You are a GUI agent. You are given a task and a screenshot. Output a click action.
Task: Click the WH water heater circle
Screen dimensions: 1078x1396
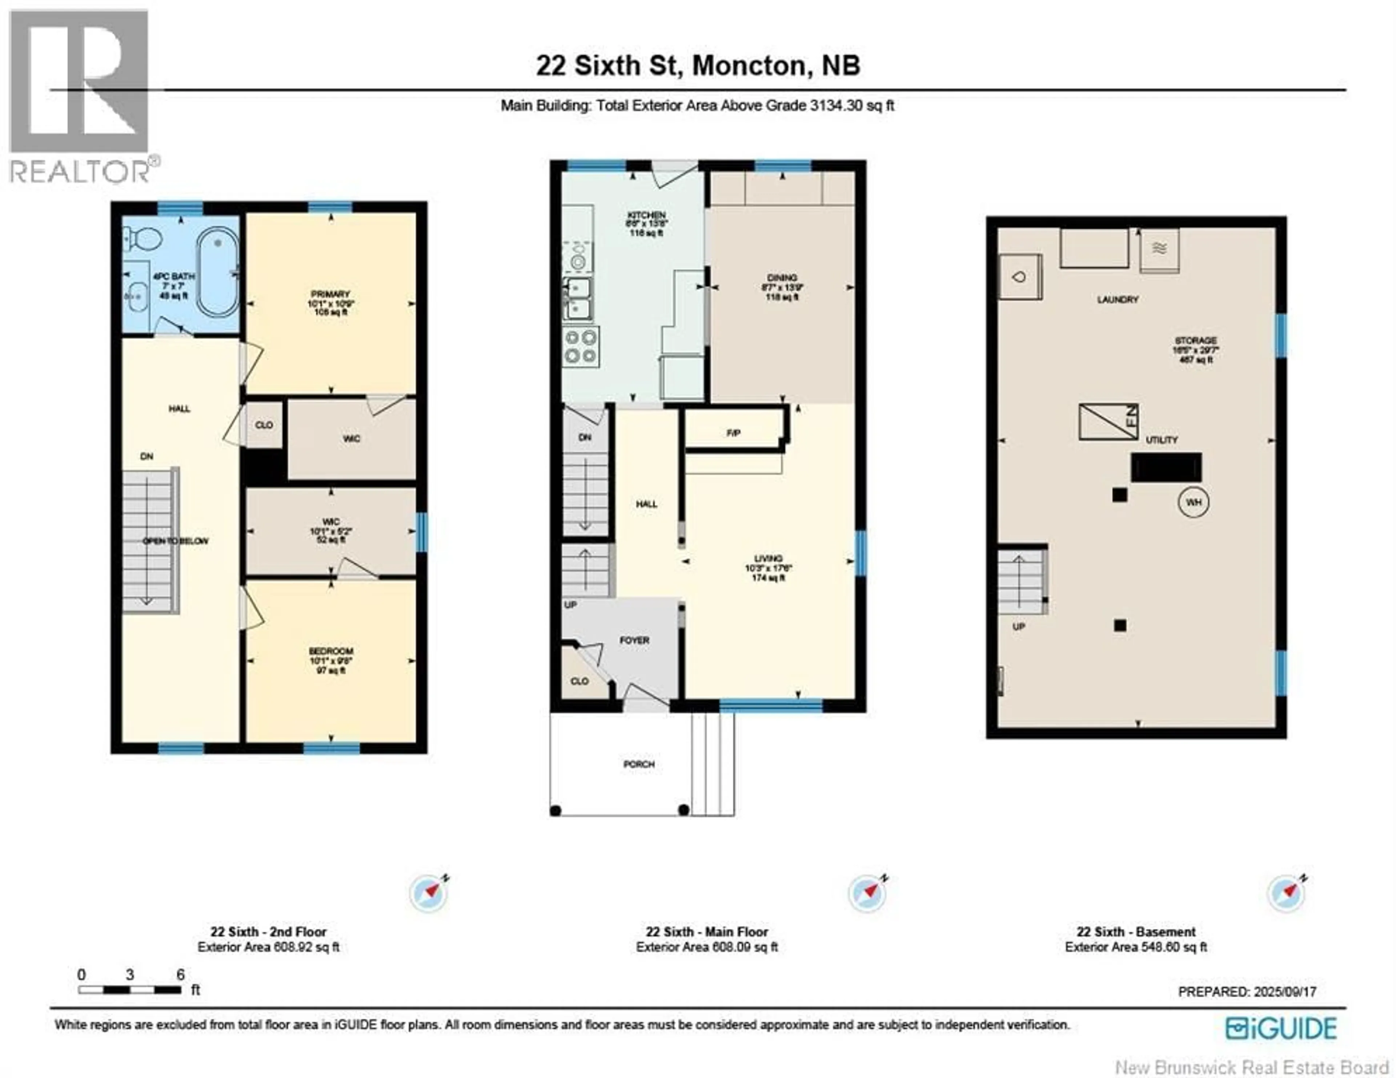(1194, 502)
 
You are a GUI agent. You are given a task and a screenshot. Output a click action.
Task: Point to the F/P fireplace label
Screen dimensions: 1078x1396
(734, 433)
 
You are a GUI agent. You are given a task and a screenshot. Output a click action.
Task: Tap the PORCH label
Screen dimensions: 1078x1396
(638, 764)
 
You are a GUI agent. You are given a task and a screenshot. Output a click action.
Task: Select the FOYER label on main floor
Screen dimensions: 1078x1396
(634, 640)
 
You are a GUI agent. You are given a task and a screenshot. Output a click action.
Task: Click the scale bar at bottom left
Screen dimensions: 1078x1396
(130, 990)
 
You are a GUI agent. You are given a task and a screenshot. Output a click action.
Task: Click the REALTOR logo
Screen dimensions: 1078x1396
(80, 96)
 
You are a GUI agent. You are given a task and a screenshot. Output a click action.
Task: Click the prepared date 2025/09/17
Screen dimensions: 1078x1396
(1247, 992)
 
